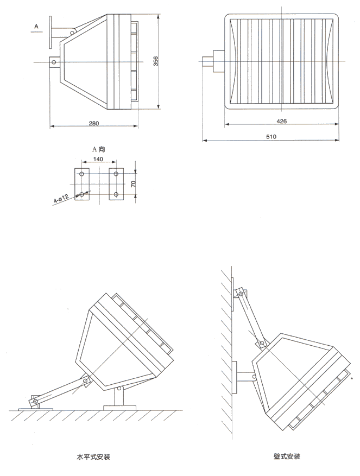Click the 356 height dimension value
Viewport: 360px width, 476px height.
tap(155, 61)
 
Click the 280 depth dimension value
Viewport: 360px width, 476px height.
tap(94, 123)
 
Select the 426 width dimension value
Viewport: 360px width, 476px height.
tap(282, 121)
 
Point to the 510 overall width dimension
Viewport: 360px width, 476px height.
tap(271, 137)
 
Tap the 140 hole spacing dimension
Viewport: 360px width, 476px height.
tap(98, 159)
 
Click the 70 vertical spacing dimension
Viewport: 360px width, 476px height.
tap(134, 184)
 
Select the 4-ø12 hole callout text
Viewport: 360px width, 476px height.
tap(61, 199)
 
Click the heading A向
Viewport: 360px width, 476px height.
tap(98, 149)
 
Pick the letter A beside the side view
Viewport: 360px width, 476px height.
tap(36, 27)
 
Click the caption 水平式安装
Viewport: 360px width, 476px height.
tap(93, 456)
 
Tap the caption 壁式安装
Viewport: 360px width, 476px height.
tap(287, 456)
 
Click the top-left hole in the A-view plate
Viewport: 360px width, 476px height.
tap(82, 174)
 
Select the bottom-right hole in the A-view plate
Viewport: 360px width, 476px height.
tap(116, 194)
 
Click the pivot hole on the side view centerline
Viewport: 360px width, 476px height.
tap(54, 62)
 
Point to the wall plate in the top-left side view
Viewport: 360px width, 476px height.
tap(50, 32)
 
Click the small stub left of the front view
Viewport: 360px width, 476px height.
tap(207, 62)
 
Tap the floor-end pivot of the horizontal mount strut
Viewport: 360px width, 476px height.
tap(35, 402)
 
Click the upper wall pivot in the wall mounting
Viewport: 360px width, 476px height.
tap(241, 294)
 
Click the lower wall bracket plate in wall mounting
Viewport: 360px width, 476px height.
tap(234, 377)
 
